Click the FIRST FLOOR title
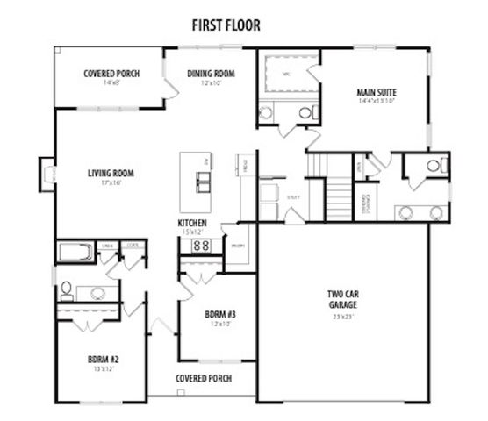pos(226,25)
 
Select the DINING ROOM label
pos(211,74)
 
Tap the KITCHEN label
pos(192,224)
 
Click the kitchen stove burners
pos(200,246)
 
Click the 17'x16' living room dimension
pos(109,183)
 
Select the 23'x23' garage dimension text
pos(343,315)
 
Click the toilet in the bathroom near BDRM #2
pos(67,289)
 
